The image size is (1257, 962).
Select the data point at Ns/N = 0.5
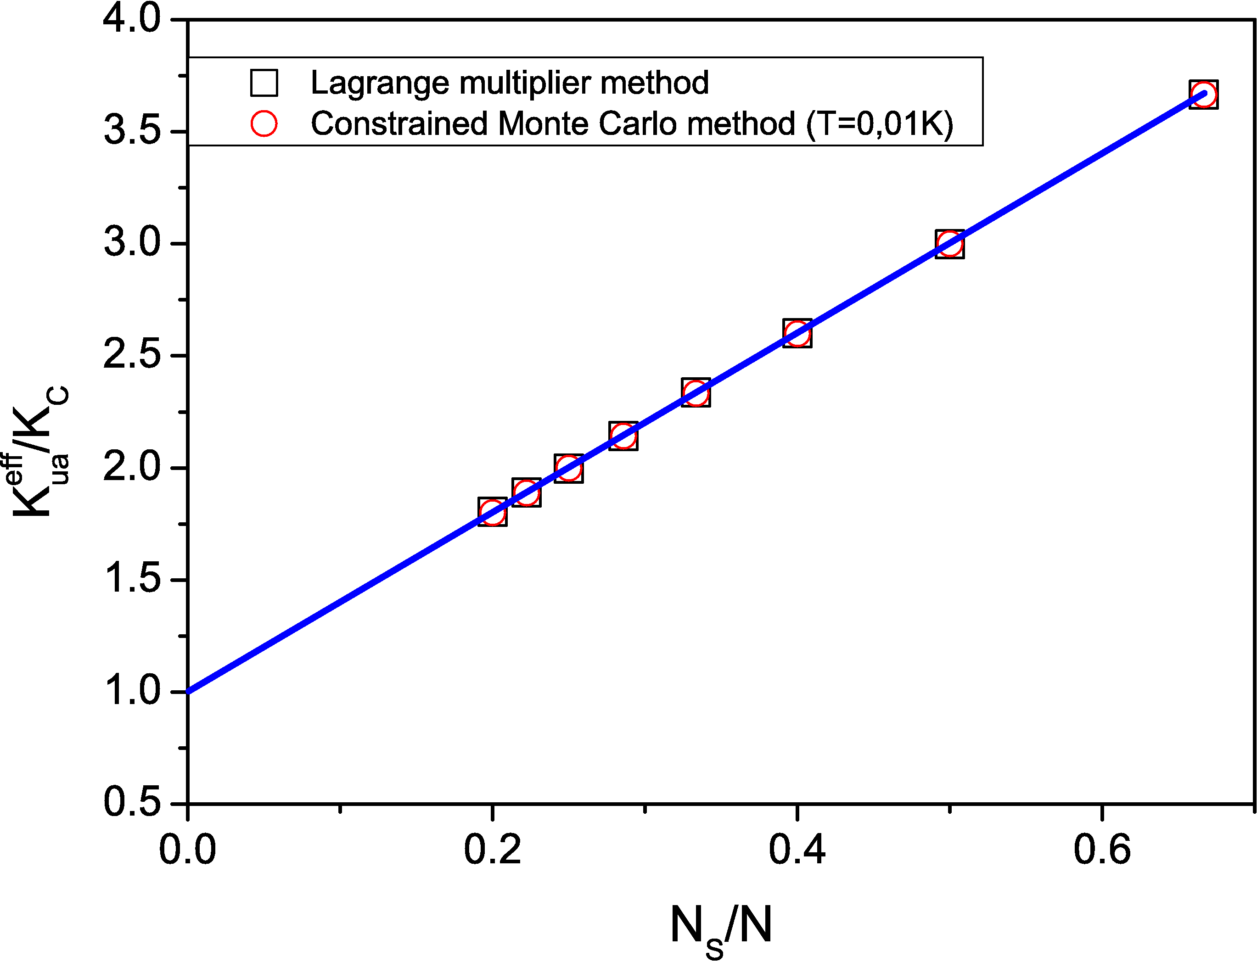coord(949,244)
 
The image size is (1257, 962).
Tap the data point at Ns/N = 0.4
coord(797,333)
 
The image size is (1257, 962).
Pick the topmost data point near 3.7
coord(1203,95)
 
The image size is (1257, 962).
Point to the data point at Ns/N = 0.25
coord(569,469)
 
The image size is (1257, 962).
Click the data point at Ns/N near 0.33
coord(696,392)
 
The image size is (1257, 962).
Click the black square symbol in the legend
coord(264,83)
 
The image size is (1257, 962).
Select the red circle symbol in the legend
coord(264,123)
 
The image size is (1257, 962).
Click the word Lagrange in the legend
coord(379,84)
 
